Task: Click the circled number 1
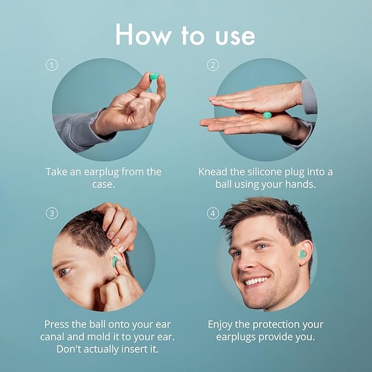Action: (x=51, y=65)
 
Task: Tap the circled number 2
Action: (x=213, y=65)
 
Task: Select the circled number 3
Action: (x=51, y=214)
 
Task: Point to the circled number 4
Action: (x=213, y=214)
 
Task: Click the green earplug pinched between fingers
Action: (x=154, y=76)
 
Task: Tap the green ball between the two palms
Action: (x=267, y=115)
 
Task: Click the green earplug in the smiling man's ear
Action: (x=302, y=255)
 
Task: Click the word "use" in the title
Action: (x=235, y=37)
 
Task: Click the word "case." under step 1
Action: (x=104, y=184)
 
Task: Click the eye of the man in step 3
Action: (x=65, y=272)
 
